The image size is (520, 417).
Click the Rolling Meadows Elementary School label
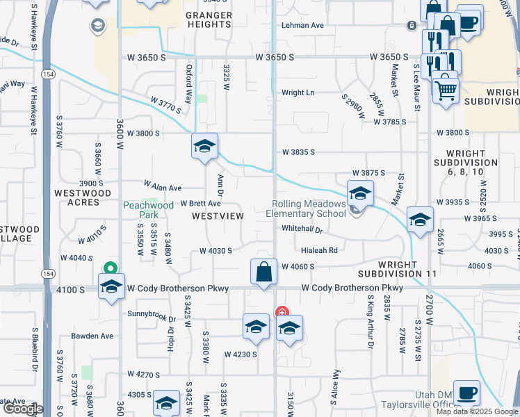point(309,208)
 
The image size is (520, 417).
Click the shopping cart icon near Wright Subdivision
point(445,90)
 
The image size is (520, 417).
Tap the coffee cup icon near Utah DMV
point(466,393)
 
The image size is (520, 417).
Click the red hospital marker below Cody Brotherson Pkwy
point(281,312)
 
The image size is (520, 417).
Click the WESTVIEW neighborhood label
point(218,216)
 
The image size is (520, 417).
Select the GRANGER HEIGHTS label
point(209,19)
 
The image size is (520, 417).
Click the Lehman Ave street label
point(302,25)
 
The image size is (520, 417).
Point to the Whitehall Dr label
point(302,229)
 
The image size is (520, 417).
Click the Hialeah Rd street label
point(319,250)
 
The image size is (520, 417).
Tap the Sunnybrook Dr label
point(152,313)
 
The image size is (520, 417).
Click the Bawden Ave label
point(92,336)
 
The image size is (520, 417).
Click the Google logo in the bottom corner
point(22,409)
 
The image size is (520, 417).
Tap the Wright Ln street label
point(298,92)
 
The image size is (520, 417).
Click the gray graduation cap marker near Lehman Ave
point(98,26)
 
